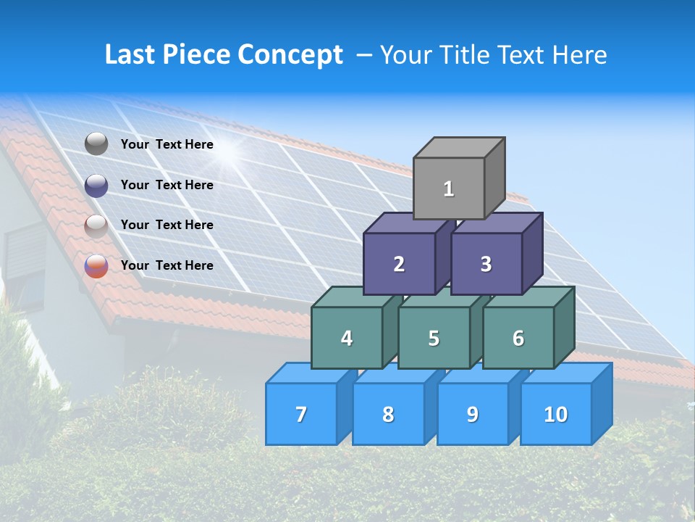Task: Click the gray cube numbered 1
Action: point(449,188)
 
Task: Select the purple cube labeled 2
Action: point(399,264)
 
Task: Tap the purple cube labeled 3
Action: point(486,264)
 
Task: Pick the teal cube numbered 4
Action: point(347,338)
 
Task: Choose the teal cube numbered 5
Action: point(434,338)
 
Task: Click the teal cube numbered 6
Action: point(518,338)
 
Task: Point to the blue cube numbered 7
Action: point(301,414)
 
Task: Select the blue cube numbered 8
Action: point(388,414)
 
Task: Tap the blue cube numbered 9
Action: point(473,414)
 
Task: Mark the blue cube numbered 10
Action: point(556,414)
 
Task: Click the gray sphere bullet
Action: point(96,144)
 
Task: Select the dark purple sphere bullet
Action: point(96,186)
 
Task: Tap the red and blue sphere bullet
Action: point(96,266)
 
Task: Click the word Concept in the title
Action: point(290,55)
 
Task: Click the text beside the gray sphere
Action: point(167,144)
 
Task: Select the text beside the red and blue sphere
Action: point(167,265)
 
